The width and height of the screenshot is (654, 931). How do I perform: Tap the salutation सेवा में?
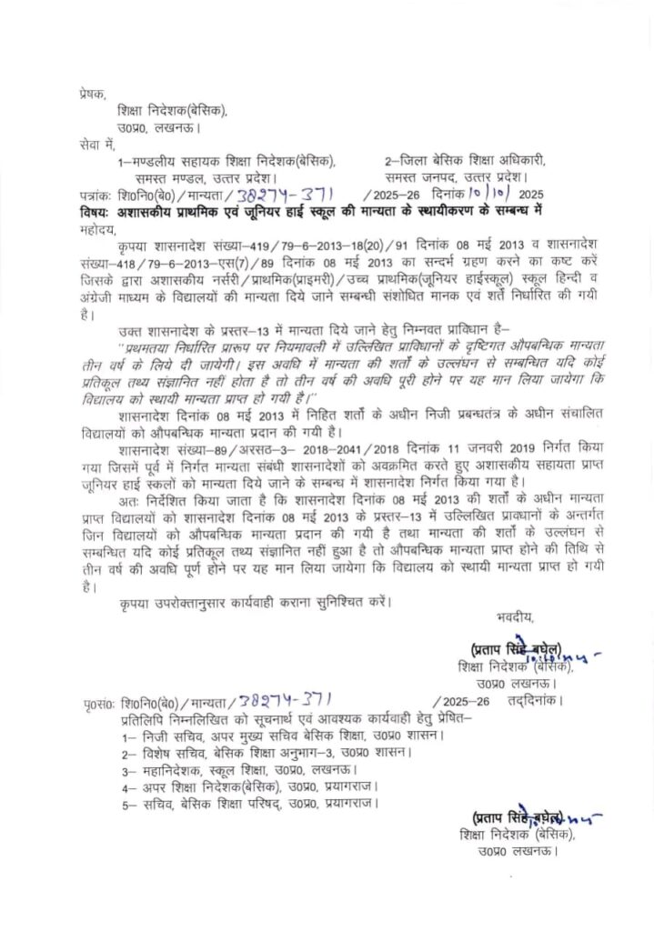click(96, 145)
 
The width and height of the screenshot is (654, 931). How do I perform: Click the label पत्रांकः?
click(97, 195)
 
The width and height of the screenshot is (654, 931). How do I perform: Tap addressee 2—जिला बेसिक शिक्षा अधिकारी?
click(470, 161)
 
